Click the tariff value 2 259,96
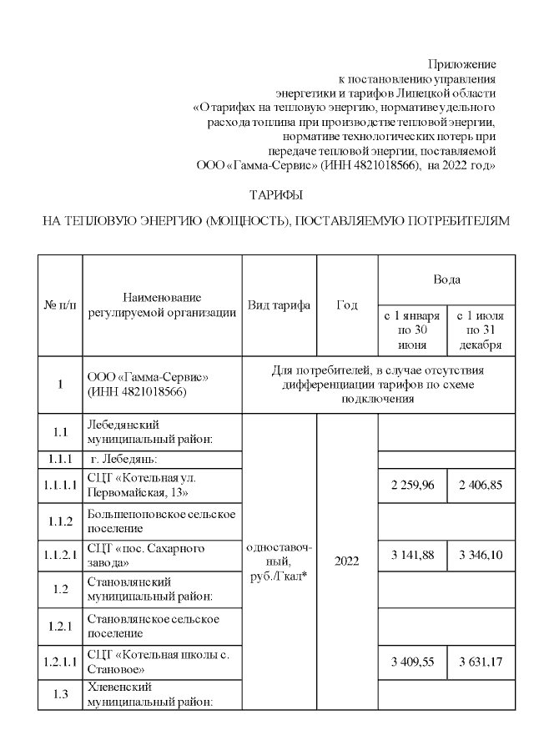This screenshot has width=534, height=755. click(411, 486)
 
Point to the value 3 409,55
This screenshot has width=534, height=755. click(411, 662)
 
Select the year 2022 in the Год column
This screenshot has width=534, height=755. click(346, 561)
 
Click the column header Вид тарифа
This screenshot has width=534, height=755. click(279, 305)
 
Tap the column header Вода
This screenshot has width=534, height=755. click(446, 279)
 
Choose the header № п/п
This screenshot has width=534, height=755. click(59, 305)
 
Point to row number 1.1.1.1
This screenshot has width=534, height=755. click(59, 486)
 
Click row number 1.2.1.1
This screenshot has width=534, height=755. click(59, 662)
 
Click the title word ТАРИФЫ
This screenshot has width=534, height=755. click(275, 194)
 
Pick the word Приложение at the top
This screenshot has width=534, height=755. click(461, 64)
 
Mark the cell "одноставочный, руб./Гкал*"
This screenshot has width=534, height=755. click(279, 562)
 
